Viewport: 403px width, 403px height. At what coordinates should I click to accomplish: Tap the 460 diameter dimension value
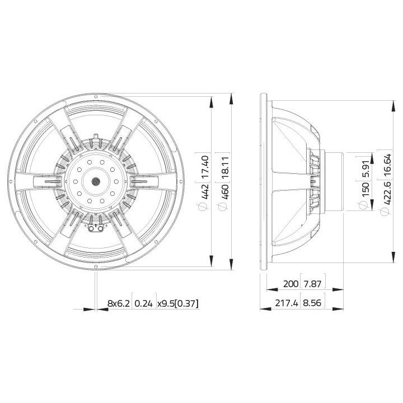[x=225, y=191]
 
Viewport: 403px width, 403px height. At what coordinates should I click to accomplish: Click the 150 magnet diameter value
[x=365, y=189]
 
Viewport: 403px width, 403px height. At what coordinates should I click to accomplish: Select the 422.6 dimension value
[x=387, y=193]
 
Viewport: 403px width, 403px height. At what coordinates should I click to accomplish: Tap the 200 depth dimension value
[x=290, y=284]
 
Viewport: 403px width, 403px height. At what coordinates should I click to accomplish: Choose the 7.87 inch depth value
[x=312, y=284]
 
